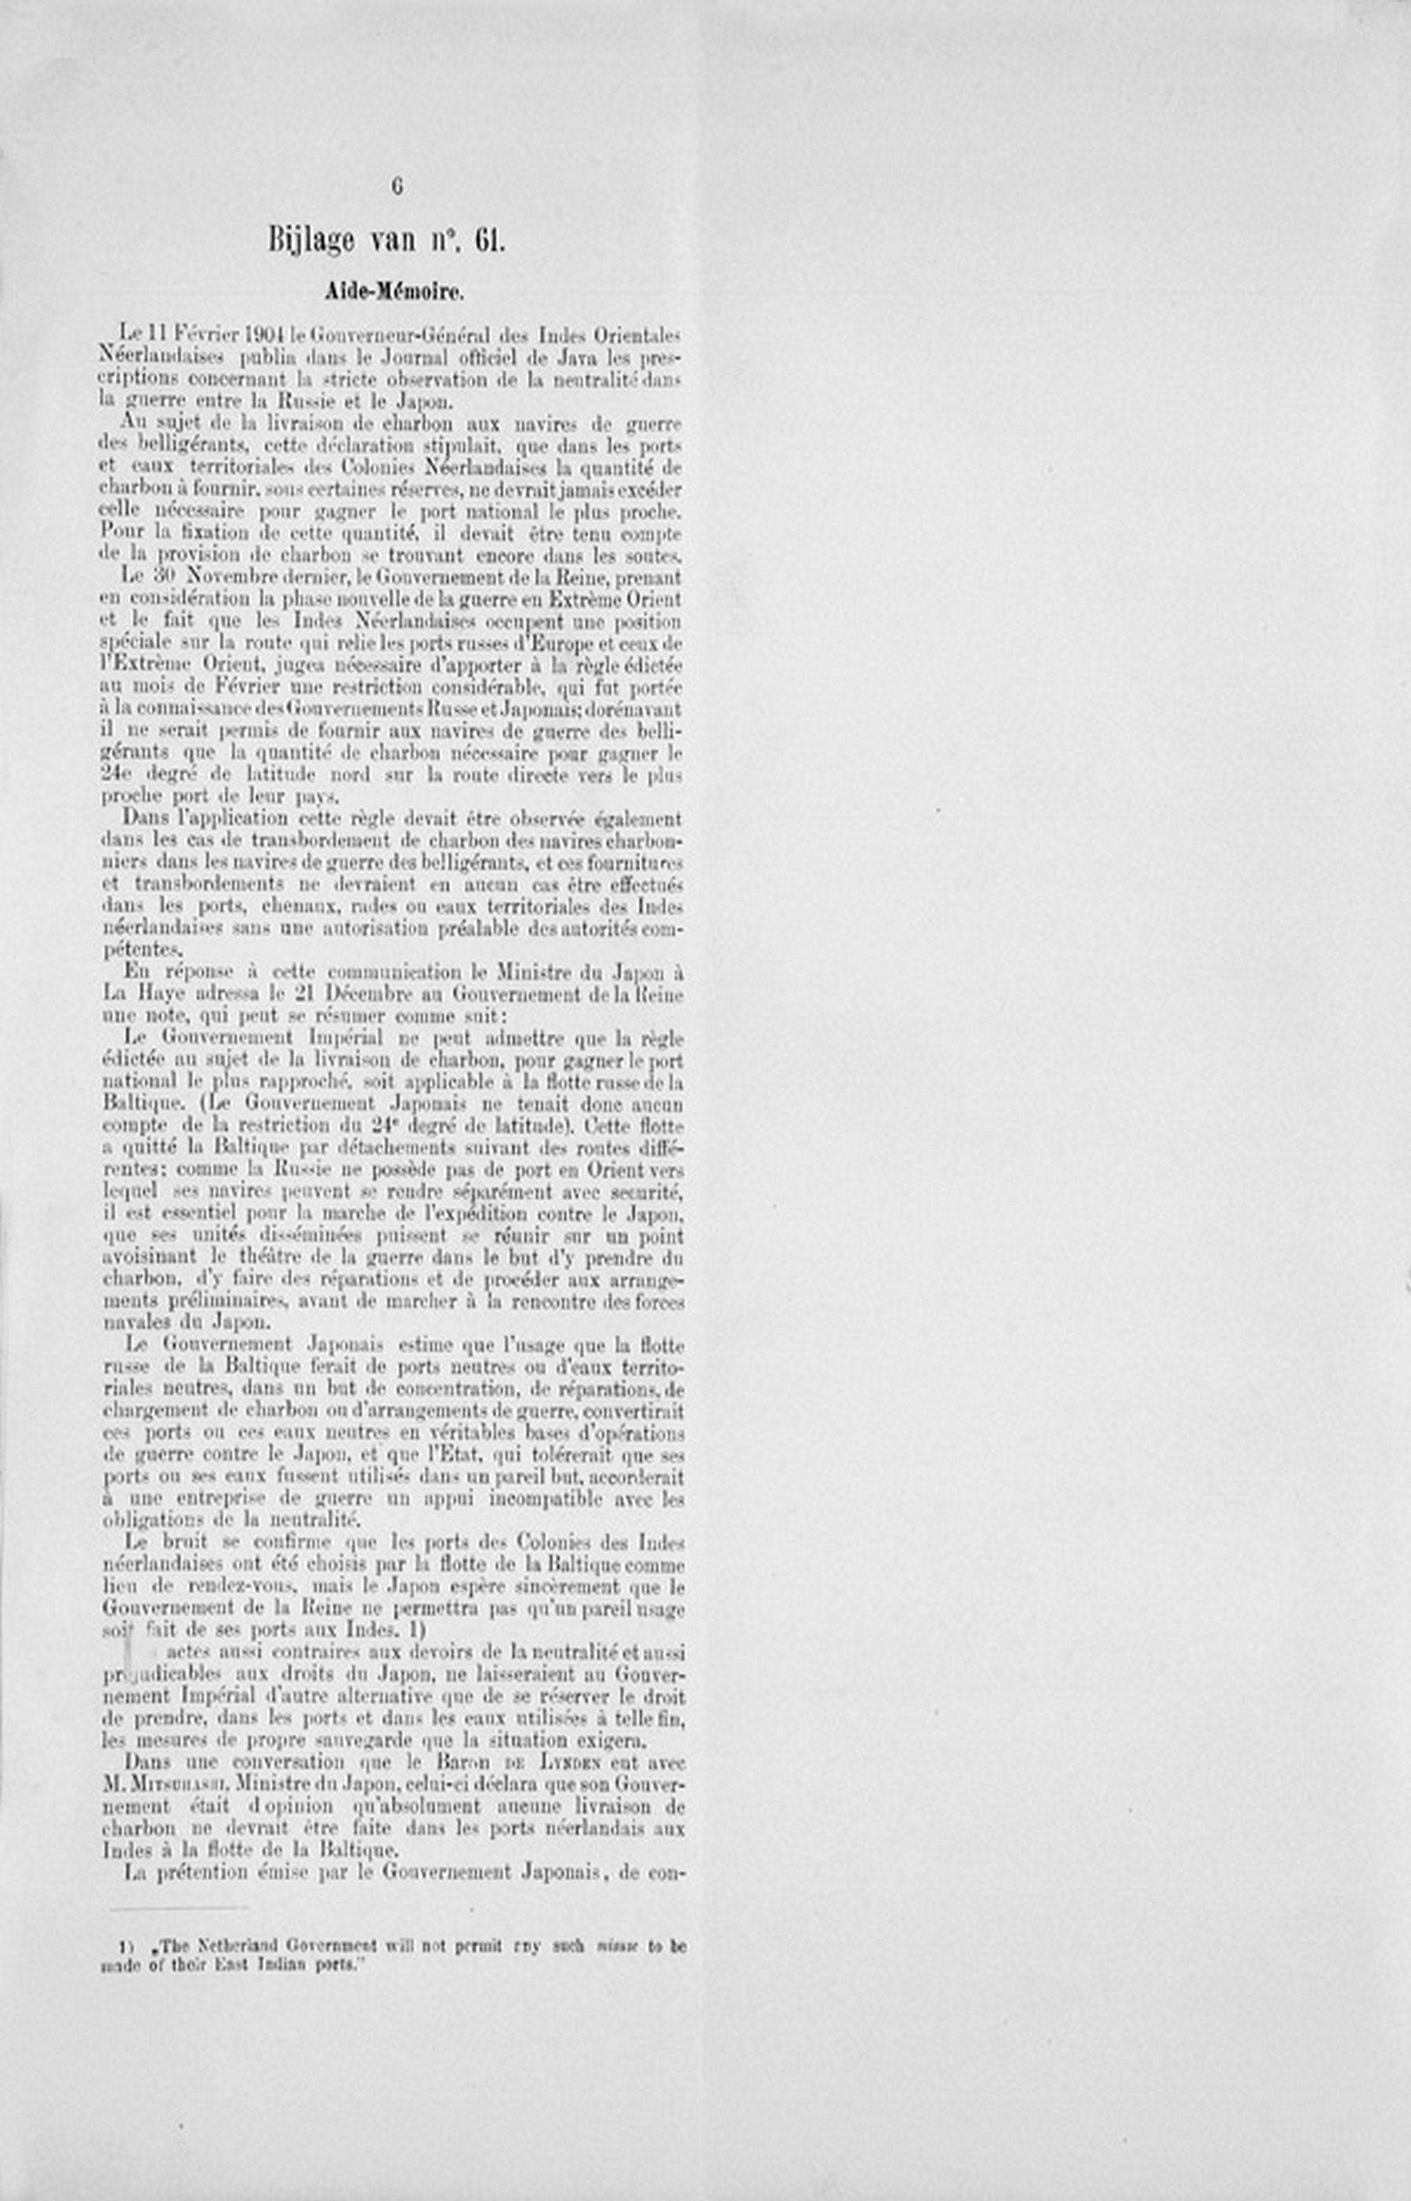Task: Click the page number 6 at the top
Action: pos(397,186)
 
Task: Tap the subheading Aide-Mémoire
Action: pos(394,292)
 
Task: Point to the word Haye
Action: pos(163,995)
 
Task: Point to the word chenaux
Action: pos(286,907)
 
